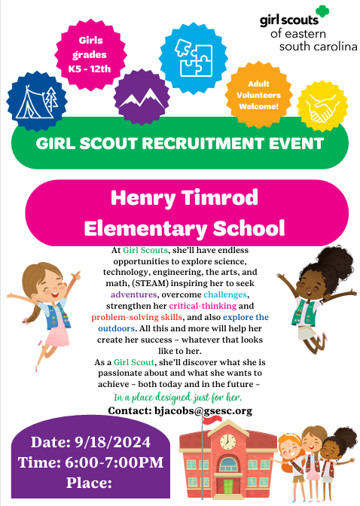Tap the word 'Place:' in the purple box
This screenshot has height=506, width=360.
coord(88,482)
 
